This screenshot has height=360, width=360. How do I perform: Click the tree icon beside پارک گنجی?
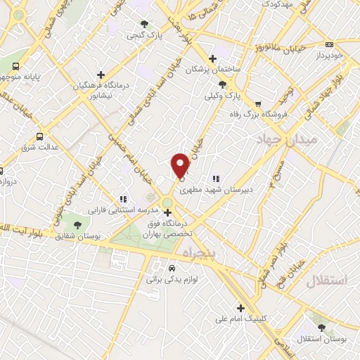click(146, 23)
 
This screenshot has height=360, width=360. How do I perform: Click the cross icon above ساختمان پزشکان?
click(212, 58)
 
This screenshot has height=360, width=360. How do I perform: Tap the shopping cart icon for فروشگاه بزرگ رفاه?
click(258, 103)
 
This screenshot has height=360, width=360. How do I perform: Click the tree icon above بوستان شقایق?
click(77, 224)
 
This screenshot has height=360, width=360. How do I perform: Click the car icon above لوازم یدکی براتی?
click(172, 267)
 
